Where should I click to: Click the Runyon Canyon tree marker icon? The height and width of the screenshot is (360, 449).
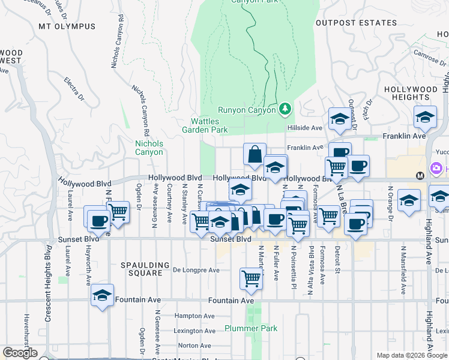(x=285, y=109)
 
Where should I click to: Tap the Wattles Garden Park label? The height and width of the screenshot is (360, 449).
(x=205, y=125)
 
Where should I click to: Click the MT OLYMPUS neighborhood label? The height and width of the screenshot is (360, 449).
(x=67, y=26)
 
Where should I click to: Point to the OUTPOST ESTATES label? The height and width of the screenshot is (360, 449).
(x=356, y=23)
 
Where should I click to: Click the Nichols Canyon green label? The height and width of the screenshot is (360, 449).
(x=149, y=148)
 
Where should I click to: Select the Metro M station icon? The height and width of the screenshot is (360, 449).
(x=420, y=175)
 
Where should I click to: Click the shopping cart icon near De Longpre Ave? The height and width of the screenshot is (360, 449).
(x=251, y=278)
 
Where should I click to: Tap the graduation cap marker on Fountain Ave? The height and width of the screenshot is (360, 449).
(x=102, y=295)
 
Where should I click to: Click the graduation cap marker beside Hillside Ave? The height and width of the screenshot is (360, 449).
(x=339, y=118)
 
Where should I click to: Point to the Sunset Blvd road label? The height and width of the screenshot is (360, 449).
(x=231, y=239)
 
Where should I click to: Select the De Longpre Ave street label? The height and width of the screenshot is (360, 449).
(x=196, y=270)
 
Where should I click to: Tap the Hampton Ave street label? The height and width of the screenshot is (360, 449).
(x=194, y=316)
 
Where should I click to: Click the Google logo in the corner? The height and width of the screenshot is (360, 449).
(x=20, y=353)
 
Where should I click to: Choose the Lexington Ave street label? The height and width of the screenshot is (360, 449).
(x=194, y=331)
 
